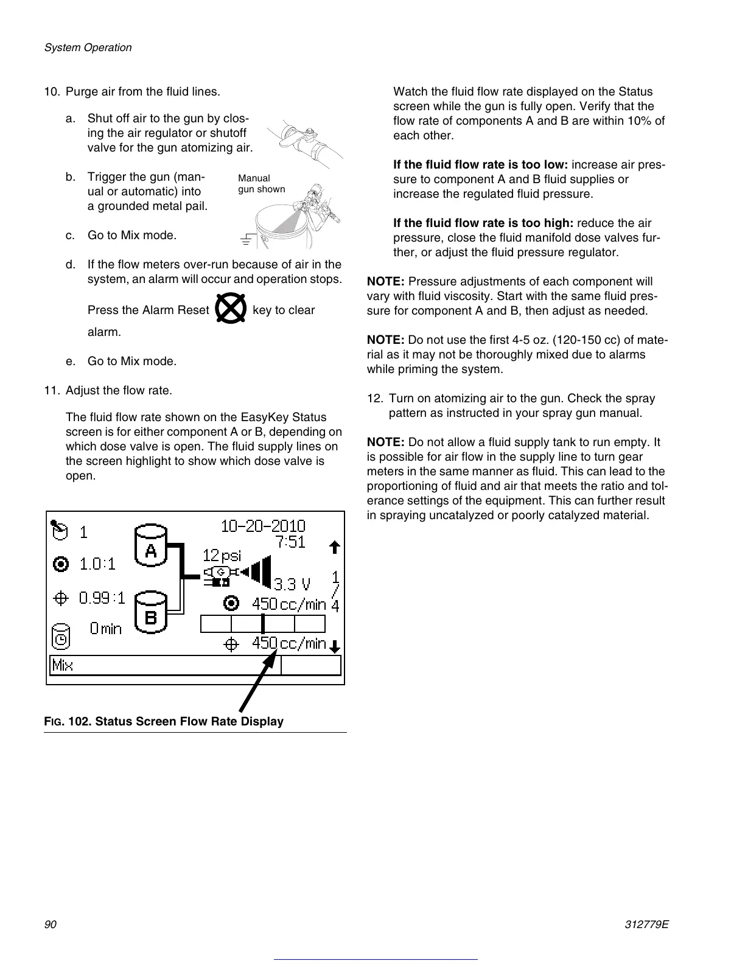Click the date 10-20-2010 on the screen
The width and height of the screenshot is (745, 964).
(262, 526)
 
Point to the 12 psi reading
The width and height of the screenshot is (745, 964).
(222, 555)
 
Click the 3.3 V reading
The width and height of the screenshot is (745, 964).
(292, 585)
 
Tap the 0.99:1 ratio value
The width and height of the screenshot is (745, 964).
(102, 598)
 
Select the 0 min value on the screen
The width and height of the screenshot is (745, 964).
(105, 629)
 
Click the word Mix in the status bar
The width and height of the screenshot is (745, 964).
(63, 665)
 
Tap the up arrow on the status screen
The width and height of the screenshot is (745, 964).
(334, 547)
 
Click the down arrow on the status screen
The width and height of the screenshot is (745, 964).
(334, 646)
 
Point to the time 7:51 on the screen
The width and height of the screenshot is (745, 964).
(290, 542)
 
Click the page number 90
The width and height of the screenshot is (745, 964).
(50, 924)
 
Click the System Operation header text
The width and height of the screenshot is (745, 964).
(88, 47)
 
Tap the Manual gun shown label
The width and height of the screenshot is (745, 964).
(261, 183)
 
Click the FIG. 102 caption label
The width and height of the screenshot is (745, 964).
(164, 721)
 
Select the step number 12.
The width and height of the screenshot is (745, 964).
(374, 399)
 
